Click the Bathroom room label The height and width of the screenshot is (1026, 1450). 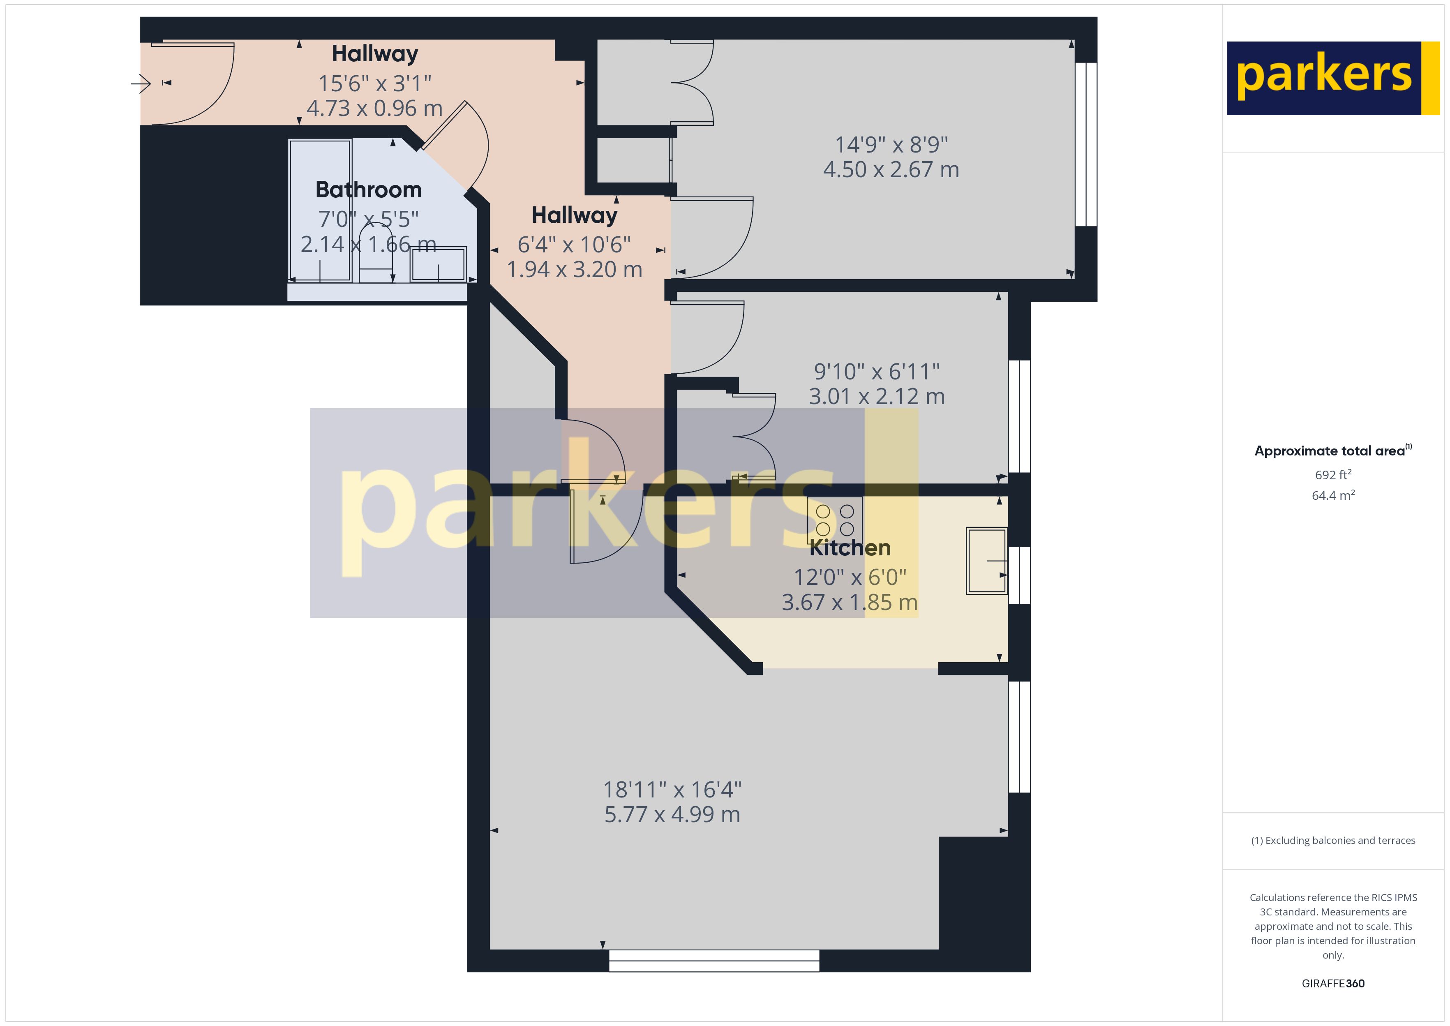point(368,189)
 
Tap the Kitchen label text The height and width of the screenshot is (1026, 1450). point(850,548)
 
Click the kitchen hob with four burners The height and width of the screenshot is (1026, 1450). point(834,520)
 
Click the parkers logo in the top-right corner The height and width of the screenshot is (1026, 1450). point(1332,79)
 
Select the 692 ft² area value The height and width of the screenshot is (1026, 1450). point(1332,474)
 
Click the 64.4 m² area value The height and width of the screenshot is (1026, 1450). point(1332,495)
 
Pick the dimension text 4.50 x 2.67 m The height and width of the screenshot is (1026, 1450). point(891,170)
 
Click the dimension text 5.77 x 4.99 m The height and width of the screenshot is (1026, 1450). point(672,814)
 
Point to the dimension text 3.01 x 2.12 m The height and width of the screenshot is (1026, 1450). point(877,397)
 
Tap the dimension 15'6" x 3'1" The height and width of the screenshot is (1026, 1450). point(374,83)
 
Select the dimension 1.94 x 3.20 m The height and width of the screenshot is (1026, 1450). point(574,270)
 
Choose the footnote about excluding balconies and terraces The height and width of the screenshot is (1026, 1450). point(1332,840)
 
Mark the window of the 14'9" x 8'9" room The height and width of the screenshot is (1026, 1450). point(1085,144)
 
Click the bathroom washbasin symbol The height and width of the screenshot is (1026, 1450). point(438,264)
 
